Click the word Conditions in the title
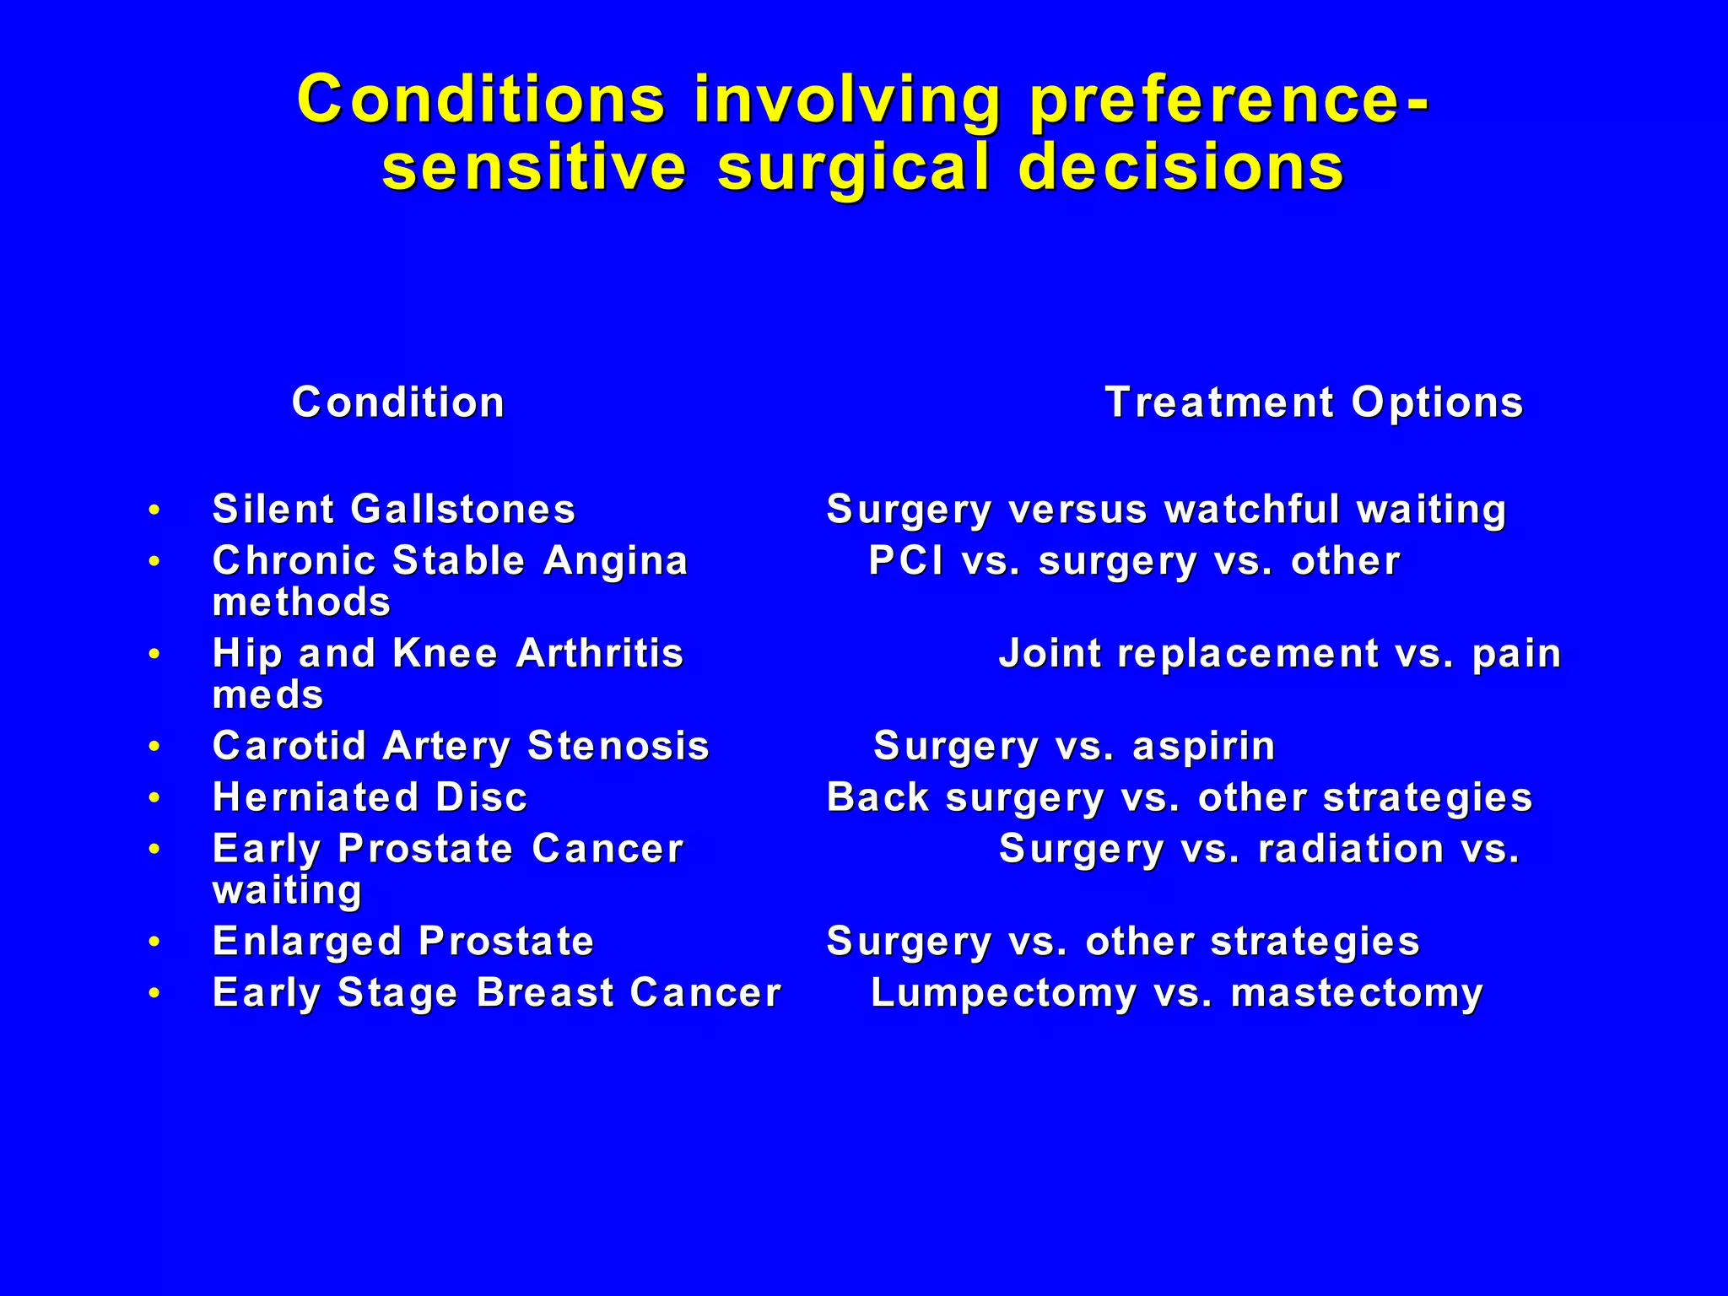(x=481, y=100)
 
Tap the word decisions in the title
(x=1181, y=167)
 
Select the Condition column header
(x=398, y=402)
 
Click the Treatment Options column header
(x=1314, y=402)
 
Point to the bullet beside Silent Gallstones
(x=154, y=510)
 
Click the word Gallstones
(x=462, y=510)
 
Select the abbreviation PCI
(x=906, y=561)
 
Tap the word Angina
(x=616, y=561)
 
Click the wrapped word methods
(x=301, y=602)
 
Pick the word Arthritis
(x=599, y=653)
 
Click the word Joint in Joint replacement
(x=1050, y=654)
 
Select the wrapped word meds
(x=267, y=695)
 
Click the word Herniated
(x=316, y=797)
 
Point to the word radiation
(x=1351, y=849)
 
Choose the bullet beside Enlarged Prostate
(x=154, y=942)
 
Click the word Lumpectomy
(x=1003, y=993)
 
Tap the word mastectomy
(x=1356, y=993)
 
